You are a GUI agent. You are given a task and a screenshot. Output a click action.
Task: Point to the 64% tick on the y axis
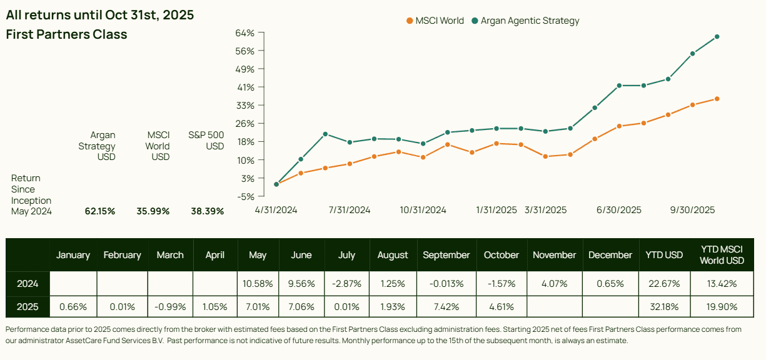[x=246, y=32]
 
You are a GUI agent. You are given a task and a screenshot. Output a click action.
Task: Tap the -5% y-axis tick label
[x=245, y=196]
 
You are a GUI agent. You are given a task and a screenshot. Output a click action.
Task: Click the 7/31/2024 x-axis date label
[x=350, y=210]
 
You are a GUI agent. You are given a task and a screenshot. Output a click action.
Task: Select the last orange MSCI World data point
[x=717, y=99]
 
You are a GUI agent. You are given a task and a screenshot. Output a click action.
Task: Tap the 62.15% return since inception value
[x=100, y=211]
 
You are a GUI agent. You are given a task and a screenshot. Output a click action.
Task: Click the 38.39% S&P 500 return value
[x=207, y=211]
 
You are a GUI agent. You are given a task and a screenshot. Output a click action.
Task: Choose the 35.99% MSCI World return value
[x=153, y=211]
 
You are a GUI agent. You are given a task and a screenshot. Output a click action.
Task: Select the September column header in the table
[x=446, y=255]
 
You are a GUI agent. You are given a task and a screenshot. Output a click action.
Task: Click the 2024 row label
[x=28, y=284]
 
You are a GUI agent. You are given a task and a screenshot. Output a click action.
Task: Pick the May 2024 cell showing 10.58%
[x=258, y=284]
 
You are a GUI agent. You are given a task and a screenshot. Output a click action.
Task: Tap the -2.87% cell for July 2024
[x=346, y=284]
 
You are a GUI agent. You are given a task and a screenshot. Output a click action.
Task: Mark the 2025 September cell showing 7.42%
[x=446, y=307]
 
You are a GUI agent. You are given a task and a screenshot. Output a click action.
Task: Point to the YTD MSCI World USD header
[x=721, y=255]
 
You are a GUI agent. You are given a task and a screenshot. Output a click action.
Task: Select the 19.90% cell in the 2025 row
[x=721, y=307]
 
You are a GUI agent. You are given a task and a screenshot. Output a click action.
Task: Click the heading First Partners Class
[x=66, y=34]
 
